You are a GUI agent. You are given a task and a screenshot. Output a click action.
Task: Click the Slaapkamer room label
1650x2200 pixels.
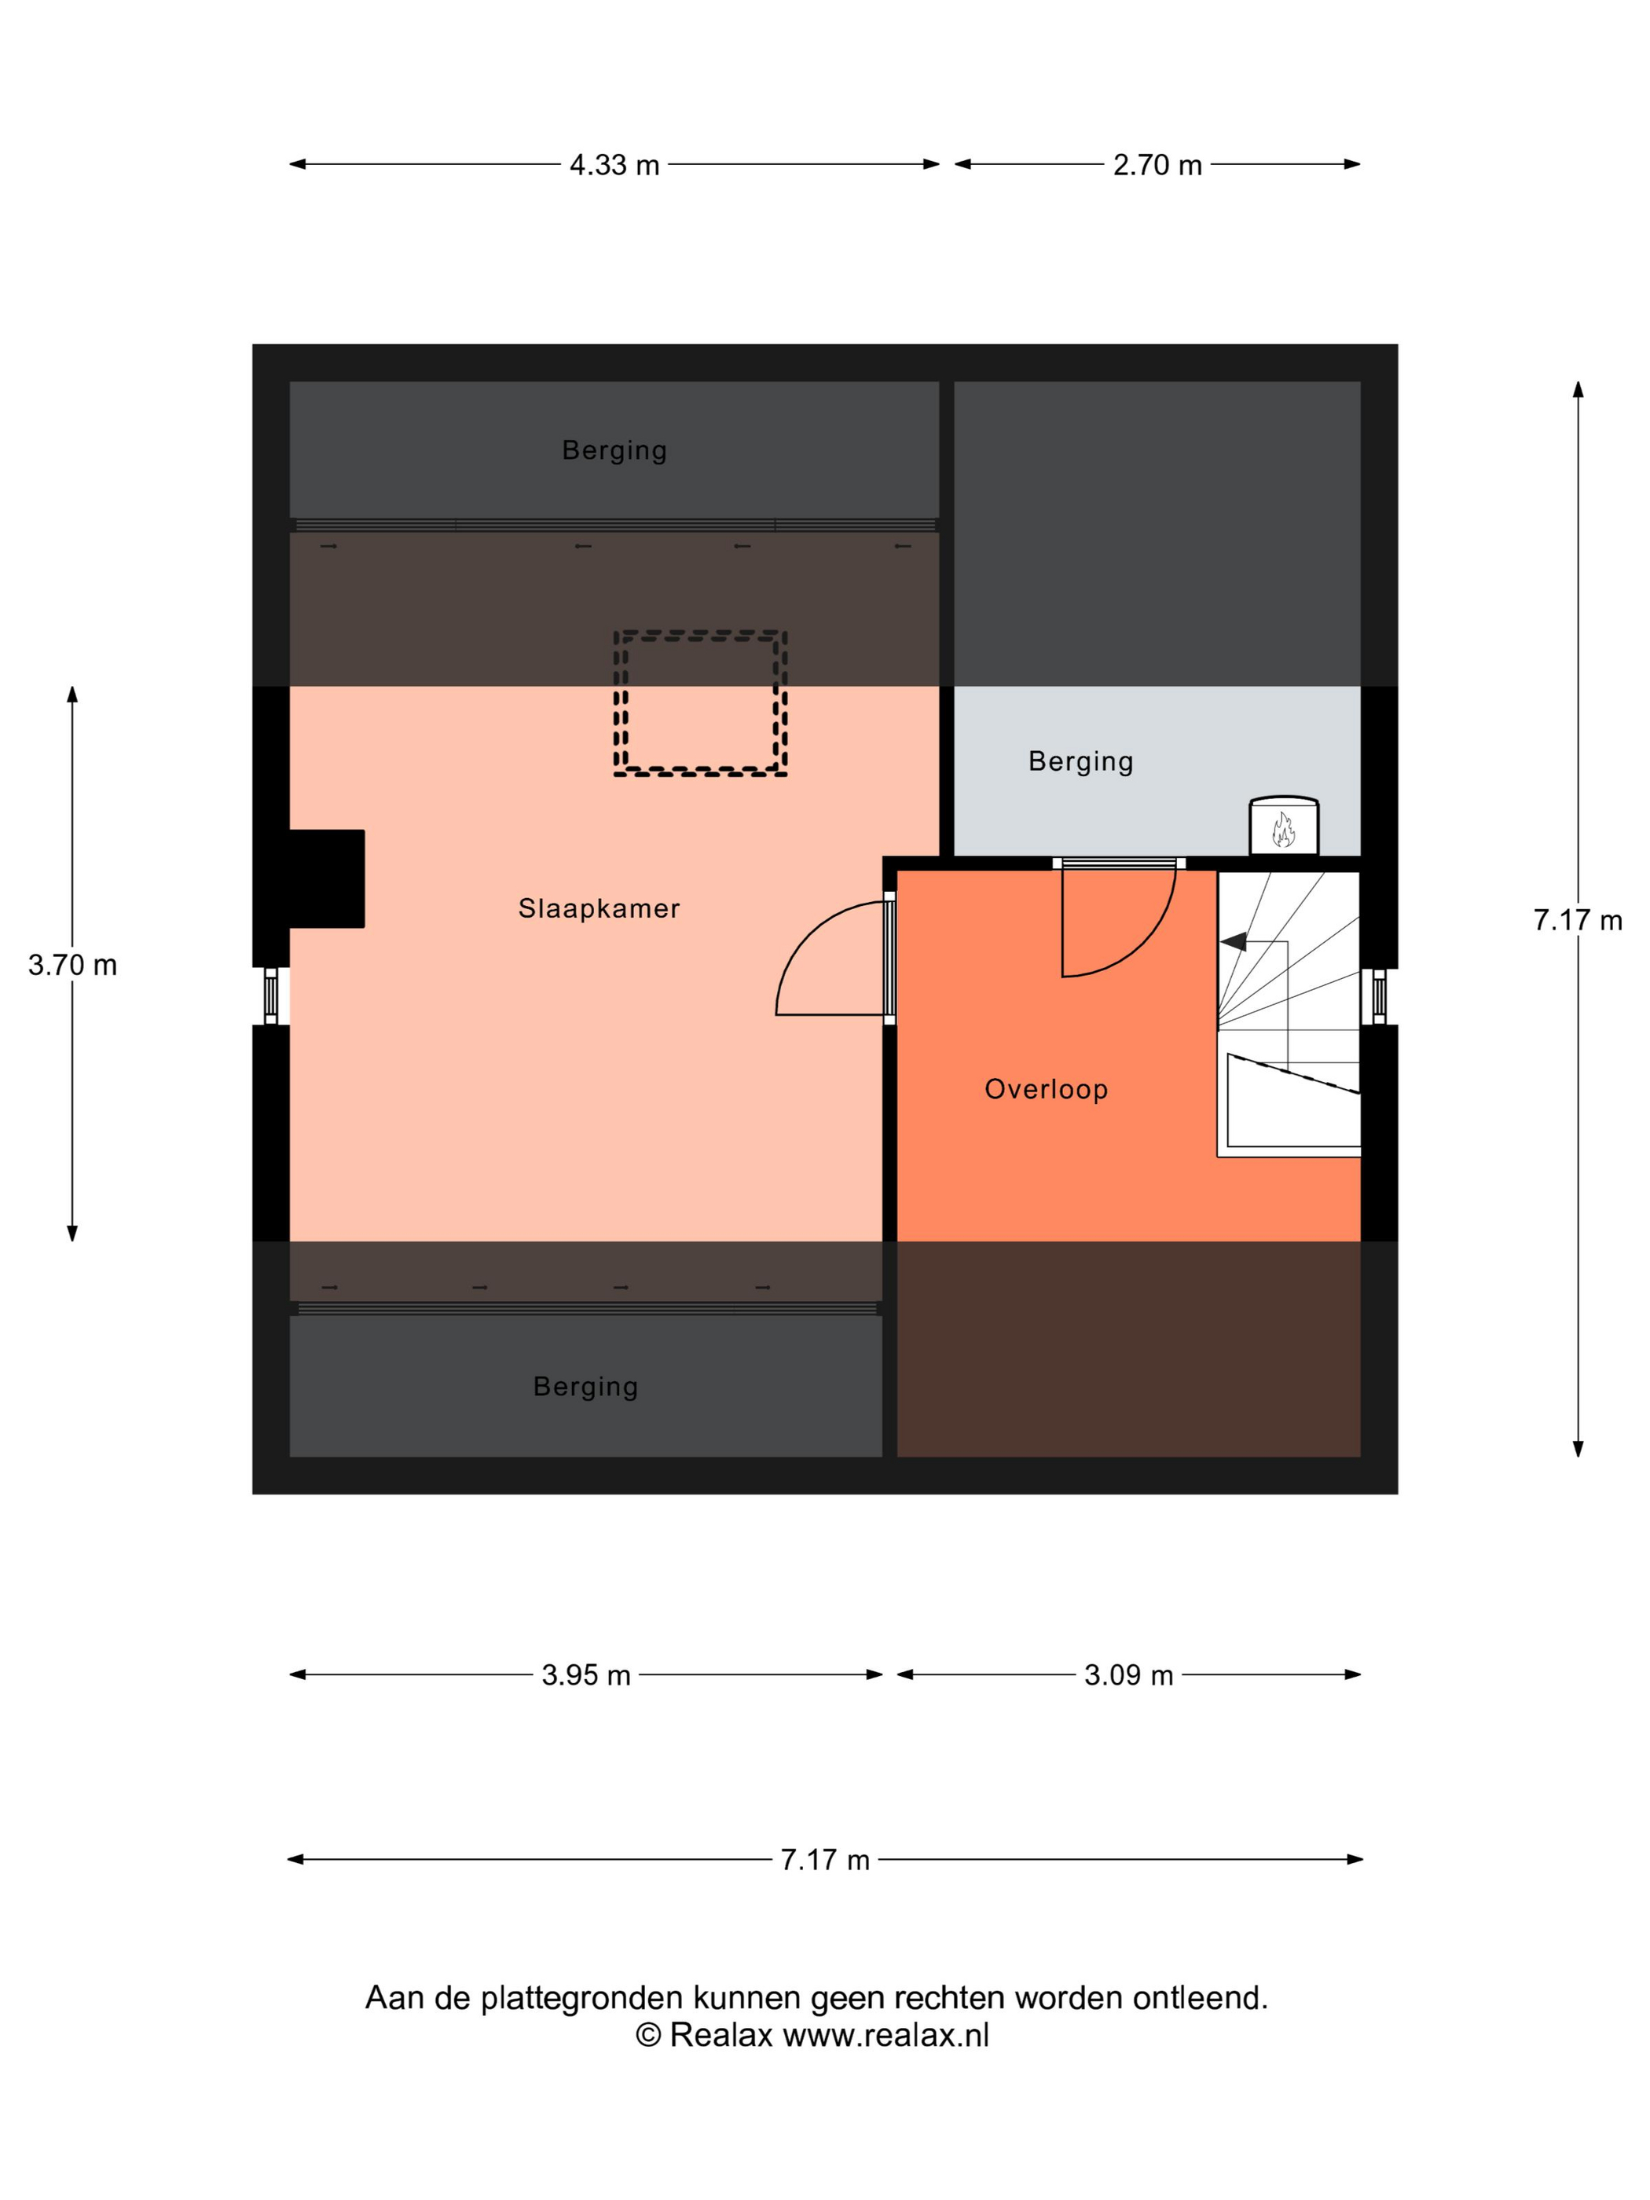(x=599, y=908)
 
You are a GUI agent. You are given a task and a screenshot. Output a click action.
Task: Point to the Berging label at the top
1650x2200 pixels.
(x=614, y=450)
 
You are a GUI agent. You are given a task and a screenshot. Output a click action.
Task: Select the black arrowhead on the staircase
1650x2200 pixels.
(x=1234, y=940)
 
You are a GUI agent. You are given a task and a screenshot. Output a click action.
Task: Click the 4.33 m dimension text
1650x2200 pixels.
(x=614, y=165)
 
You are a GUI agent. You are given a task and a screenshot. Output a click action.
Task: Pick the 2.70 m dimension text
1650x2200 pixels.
(x=1157, y=165)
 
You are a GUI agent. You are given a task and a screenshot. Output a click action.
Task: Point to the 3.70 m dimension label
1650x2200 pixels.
(x=72, y=965)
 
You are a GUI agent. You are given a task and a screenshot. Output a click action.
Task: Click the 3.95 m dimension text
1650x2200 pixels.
(x=586, y=1675)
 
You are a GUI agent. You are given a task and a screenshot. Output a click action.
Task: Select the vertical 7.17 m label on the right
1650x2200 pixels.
(x=1578, y=920)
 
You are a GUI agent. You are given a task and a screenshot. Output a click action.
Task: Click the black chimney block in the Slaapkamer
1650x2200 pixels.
(x=326, y=878)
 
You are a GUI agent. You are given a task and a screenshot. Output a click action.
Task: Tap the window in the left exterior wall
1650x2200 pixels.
(x=270, y=996)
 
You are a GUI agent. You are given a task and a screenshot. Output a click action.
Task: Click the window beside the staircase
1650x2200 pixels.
(x=1378, y=996)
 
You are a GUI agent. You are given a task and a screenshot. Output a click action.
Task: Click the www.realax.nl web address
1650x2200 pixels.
(x=886, y=2035)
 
